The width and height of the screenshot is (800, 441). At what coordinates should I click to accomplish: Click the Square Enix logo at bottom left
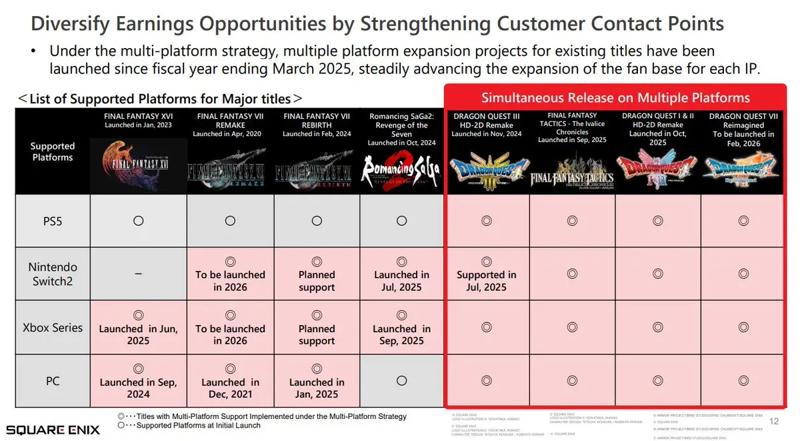click(53, 429)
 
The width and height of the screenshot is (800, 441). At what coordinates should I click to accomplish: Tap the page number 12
click(774, 421)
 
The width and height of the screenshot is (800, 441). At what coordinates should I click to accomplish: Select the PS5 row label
click(53, 221)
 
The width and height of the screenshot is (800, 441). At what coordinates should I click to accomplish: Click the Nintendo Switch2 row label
click(53, 274)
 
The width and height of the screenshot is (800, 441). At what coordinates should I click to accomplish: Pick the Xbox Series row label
click(53, 328)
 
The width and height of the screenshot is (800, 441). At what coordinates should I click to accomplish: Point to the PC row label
click(53, 380)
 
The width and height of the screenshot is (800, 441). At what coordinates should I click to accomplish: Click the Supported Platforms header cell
click(53, 151)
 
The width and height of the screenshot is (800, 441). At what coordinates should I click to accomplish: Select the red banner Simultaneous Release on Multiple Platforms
click(615, 97)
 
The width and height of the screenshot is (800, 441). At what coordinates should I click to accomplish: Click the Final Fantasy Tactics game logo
click(572, 171)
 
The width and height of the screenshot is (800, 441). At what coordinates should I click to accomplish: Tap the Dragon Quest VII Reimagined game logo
click(742, 167)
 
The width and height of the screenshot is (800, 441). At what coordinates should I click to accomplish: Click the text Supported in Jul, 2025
click(486, 281)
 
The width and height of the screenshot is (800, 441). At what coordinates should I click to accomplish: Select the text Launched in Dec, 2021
click(230, 388)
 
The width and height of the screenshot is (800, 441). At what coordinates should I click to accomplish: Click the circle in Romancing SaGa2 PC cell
click(401, 380)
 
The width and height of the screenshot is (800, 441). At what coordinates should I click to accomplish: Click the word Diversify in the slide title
click(73, 24)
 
